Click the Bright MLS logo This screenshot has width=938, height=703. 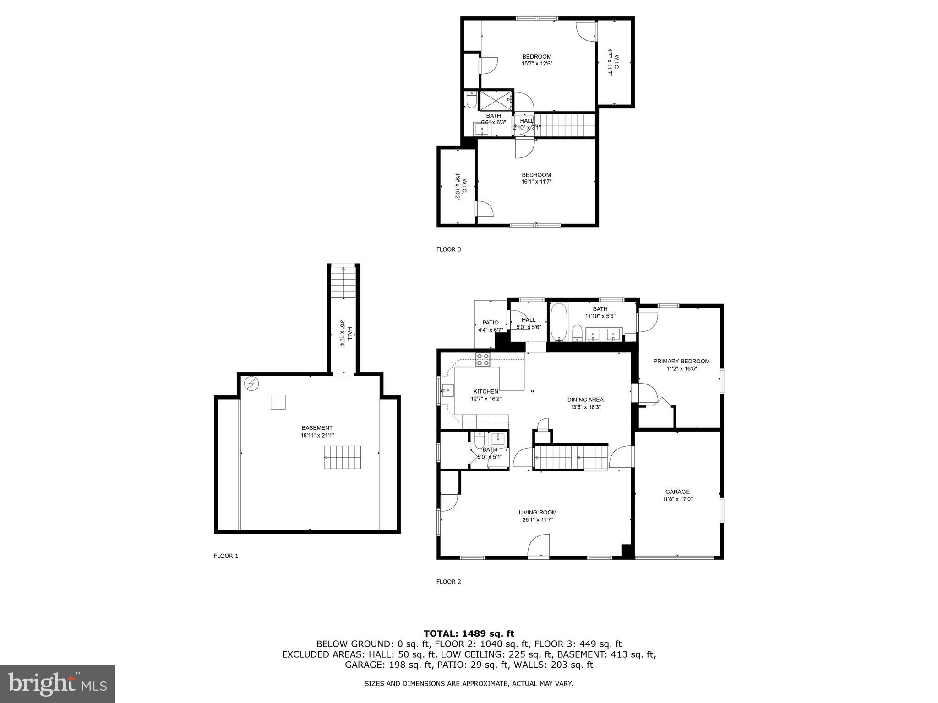[57, 684]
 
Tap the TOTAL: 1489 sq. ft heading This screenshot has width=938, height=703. [469, 633]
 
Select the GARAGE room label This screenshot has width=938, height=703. [677, 492]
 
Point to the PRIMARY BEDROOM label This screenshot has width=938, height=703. [681, 361]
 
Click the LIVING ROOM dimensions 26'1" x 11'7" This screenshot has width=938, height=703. [538, 519]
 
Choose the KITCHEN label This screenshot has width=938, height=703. [485, 391]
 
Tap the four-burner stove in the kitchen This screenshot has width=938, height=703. [482, 359]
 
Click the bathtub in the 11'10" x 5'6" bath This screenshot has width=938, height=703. [558, 322]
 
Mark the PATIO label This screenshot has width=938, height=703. [490, 323]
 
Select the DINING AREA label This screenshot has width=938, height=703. [585, 400]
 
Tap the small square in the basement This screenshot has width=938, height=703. [278, 402]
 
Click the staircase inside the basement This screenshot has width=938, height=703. [342, 457]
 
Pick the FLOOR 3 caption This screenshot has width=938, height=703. [448, 249]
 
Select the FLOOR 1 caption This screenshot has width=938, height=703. [226, 556]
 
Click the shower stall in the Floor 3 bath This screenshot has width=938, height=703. [495, 100]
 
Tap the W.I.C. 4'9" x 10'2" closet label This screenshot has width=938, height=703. [461, 186]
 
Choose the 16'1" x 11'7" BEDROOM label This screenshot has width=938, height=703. [536, 178]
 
